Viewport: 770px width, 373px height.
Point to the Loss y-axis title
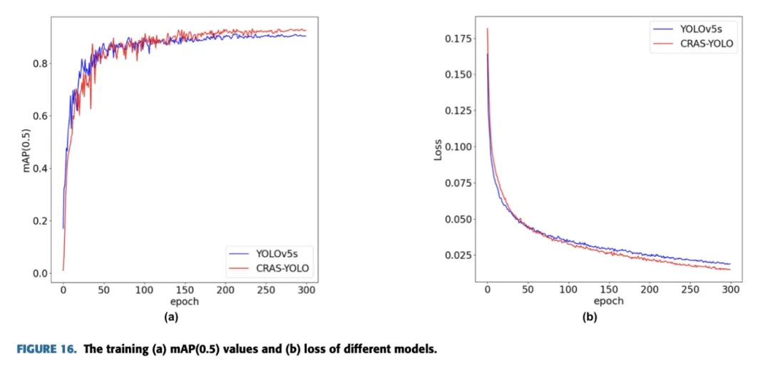438,149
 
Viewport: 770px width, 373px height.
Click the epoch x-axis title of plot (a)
184,301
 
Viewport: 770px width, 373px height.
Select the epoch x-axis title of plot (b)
609,300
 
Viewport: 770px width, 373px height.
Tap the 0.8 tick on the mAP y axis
41,63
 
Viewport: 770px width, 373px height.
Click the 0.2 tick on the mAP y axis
41,221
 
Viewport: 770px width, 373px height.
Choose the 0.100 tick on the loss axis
458,147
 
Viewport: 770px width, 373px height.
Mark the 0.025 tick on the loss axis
458,255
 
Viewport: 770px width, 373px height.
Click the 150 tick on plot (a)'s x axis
185,290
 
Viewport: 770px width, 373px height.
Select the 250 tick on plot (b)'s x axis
690,290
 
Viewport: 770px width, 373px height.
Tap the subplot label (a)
171,317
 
